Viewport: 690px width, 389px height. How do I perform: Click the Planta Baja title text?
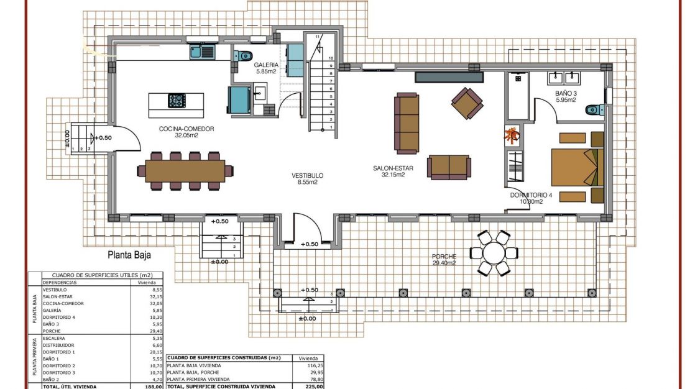(x=129, y=254)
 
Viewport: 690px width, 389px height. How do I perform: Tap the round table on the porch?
(x=494, y=253)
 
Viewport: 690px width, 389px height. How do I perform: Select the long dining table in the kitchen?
(x=185, y=170)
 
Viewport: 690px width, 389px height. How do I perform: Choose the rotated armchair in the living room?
(x=467, y=103)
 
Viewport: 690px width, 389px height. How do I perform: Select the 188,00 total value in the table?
(x=154, y=386)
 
